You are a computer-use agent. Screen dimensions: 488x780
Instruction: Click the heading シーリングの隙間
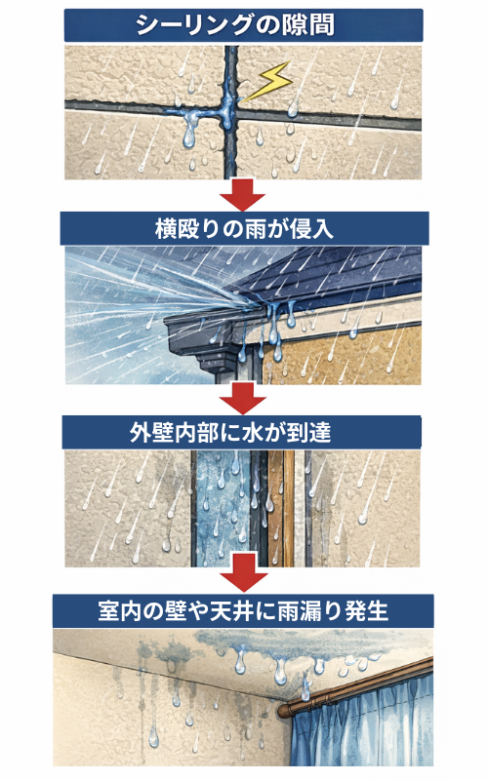click(235, 25)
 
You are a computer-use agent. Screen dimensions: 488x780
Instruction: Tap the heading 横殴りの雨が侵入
click(244, 229)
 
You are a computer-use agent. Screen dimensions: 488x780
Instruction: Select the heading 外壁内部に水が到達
click(230, 432)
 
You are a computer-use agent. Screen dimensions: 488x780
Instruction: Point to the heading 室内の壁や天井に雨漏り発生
click(243, 610)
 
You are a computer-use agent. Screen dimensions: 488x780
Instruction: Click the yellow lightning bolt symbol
click(269, 81)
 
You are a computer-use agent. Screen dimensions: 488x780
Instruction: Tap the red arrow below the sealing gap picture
click(242, 194)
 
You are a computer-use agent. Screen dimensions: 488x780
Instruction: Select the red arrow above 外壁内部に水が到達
click(243, 399)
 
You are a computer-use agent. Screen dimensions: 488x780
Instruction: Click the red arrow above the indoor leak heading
click(244, 577)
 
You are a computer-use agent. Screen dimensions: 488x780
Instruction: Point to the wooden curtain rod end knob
click(283, 711)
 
